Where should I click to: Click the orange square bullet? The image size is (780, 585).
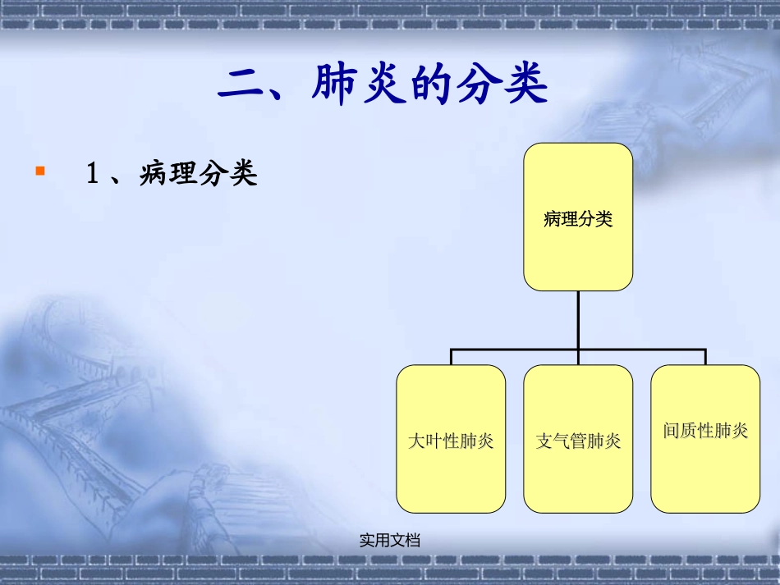point(39,171)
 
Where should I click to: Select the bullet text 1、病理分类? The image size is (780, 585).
point(172,174)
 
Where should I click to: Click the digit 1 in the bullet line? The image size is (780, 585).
point(93,174)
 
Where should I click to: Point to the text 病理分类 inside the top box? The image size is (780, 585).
point(578,219)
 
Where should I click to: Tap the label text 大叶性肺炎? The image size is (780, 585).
point(451,441)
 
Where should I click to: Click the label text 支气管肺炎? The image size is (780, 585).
point(578,441)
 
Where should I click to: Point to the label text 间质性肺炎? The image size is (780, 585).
point(705,431)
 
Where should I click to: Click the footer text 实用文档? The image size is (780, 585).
point(390,540)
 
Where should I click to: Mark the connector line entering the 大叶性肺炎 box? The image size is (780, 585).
point(451,357)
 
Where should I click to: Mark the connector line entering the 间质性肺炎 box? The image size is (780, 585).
point(705,357)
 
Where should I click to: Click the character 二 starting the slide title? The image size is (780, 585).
point(241,85)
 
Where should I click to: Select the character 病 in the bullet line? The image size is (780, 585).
point(154,174)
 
